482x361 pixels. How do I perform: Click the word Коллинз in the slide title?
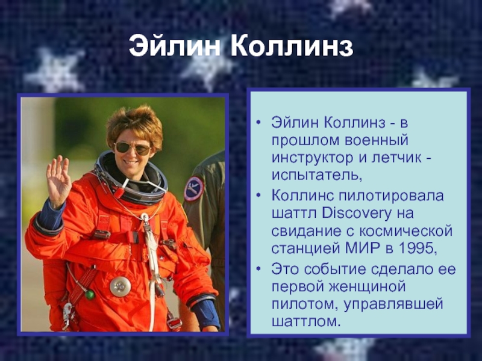pos(292,47)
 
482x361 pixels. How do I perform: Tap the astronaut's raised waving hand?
pos(58,181)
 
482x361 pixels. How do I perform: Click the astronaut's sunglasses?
pos(133,149)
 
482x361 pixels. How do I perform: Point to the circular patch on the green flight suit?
pos(193,188)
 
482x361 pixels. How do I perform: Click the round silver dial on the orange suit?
pos(120,286)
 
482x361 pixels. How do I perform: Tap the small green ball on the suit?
pos(90,295)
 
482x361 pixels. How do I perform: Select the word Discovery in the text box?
pos(357,214)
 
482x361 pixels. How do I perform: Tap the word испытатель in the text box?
pos(315,176)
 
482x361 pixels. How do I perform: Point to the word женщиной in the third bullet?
pos(368,287)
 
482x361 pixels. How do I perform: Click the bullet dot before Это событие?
pos(258,269)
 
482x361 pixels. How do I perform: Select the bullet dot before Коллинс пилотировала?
pos(258,195)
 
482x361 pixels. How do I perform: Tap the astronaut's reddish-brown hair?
pos(134,123)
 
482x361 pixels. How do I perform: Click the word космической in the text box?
pos(405,231)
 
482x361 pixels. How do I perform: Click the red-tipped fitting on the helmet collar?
pos(119,192)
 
